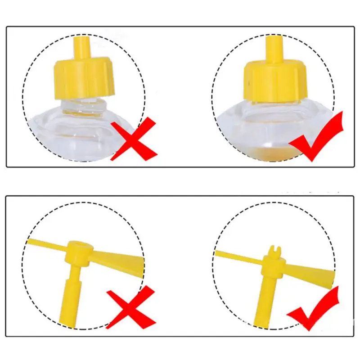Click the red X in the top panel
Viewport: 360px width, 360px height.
pyautogui.click(x=134, y=139)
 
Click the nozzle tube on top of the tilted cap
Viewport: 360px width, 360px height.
pyautogui.click(x=81, y=47)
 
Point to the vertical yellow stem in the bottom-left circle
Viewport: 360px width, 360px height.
pyautogui.click(x=72, y=297)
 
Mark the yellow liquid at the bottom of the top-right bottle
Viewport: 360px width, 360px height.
pyautogui.click(x=270, y=155)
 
